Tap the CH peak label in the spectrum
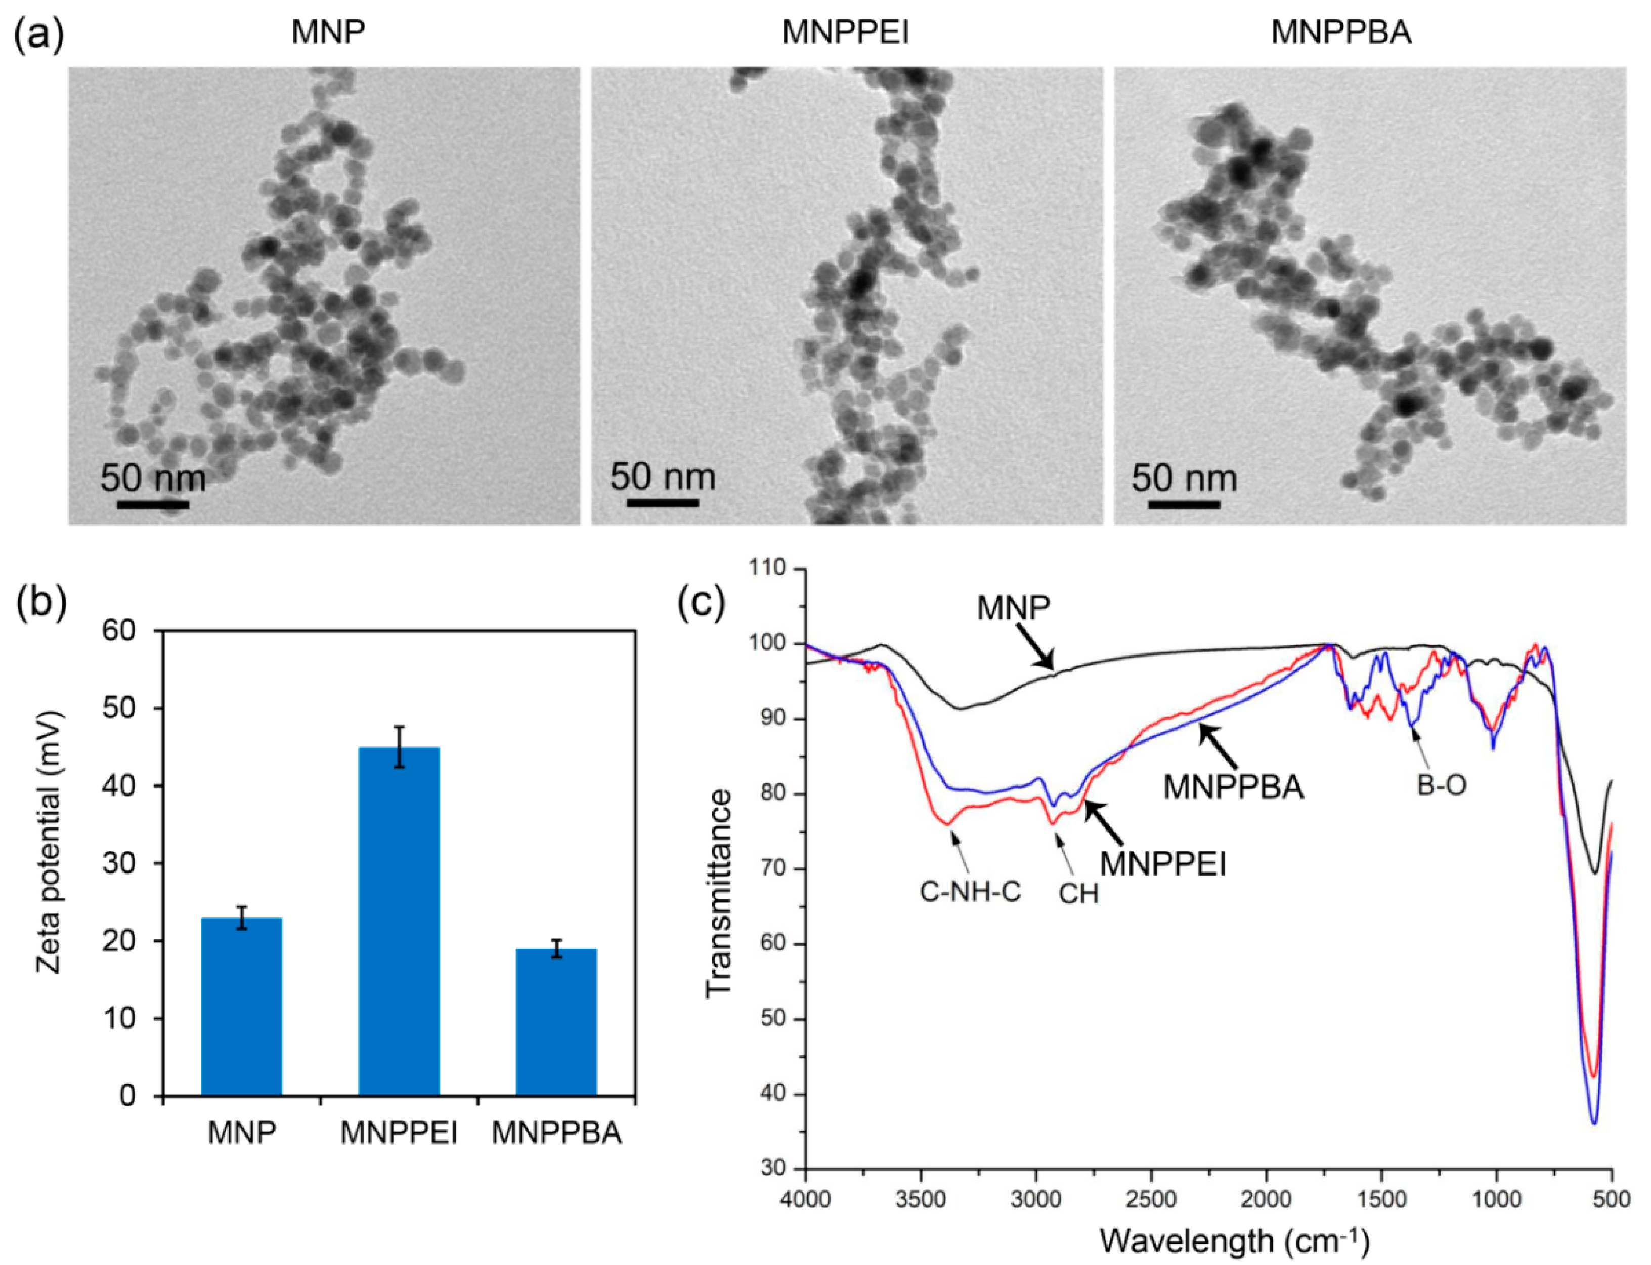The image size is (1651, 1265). (x=1078, y=894)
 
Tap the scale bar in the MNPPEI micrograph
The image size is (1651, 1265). (x=660, y=501)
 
